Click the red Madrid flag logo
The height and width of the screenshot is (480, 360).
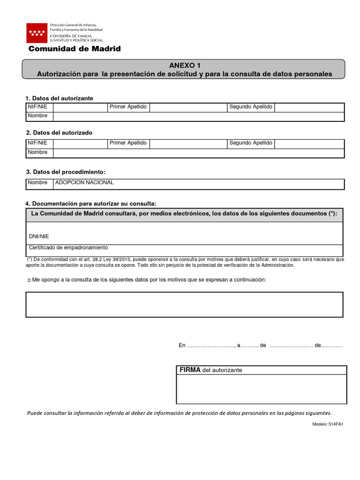[x=37, y=33]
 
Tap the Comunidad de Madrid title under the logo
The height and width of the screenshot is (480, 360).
[x=75, y=49]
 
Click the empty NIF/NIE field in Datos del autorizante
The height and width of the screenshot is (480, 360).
[x=80, y=107]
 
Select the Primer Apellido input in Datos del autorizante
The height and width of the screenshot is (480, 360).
[x=188, y=107]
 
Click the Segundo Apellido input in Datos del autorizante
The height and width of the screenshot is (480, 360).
[x=309, y=107]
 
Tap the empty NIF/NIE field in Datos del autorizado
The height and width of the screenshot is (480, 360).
[x=80, y=143]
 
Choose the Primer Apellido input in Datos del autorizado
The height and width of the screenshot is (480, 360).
[x=188, y=143]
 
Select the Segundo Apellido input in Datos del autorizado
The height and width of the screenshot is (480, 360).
[x=309, y=143]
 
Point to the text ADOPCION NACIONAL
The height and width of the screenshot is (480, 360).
[x=84, y=183]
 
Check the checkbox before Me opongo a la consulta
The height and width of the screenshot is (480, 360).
[x=29, y=280]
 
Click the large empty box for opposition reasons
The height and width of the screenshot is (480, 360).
[x=184, y=304]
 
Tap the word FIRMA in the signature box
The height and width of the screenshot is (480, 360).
[x=189, y=370]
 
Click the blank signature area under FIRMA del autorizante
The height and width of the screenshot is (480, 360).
[x=261, y=389]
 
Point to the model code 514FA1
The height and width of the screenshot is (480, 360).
[x=335, y=424]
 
